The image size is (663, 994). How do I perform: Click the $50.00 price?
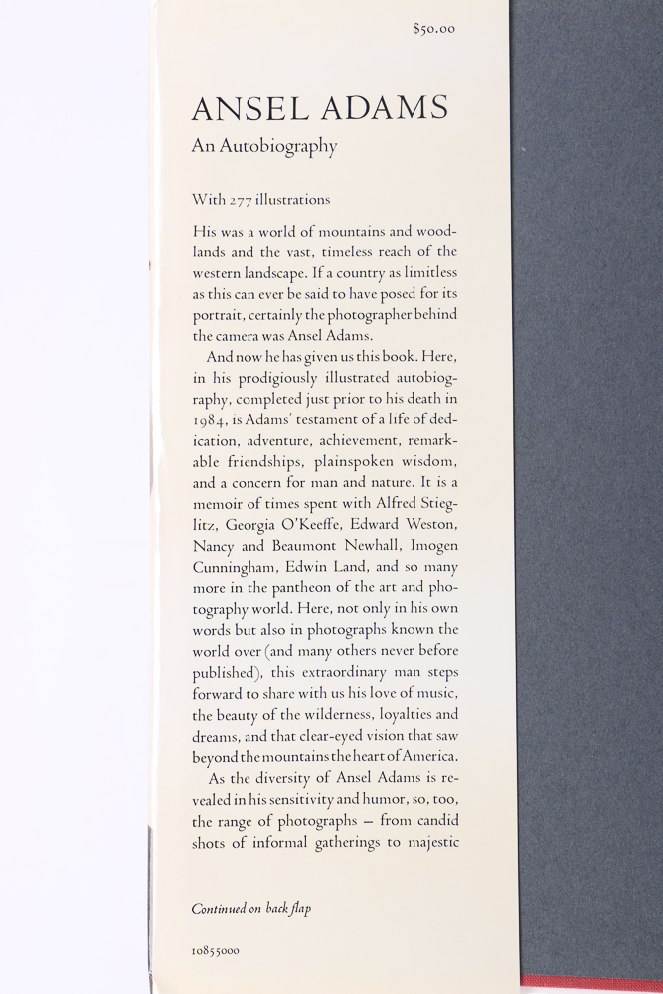pyautogui.click(x=433, y=29)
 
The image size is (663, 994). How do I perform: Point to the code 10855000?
pyautogui.click(x=215, y=951)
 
